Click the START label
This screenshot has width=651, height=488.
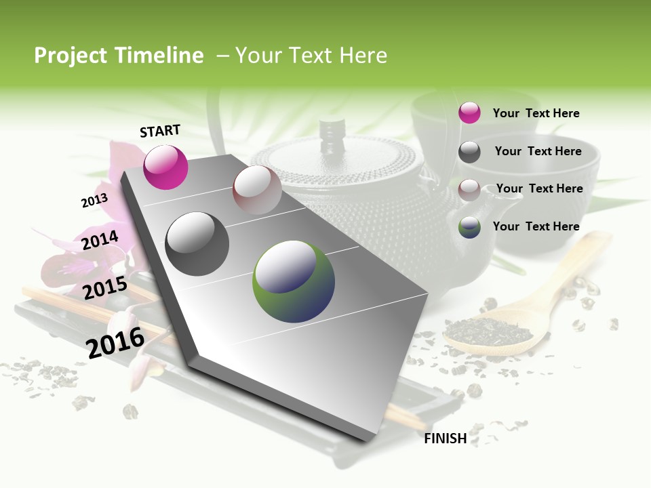[160, 131]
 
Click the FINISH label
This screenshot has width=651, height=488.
[445, 439]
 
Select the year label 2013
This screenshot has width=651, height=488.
[94, 201]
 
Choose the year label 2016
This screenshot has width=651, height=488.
[115, 342]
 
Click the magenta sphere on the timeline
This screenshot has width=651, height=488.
[165, 167]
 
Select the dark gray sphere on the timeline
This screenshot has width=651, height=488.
[197, 244]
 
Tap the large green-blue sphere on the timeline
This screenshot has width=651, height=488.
[294, 281]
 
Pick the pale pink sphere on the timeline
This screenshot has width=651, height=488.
[257, 190]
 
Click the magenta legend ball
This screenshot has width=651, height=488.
[469, 113]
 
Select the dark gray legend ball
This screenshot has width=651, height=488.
[469, 152]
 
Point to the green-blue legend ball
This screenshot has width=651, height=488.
[469, 227]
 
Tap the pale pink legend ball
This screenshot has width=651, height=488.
[469, 189]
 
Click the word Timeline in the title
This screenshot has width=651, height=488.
[159, 56]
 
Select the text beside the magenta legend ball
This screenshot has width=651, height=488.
[536, 113]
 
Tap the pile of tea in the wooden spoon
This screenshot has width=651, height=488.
[490, 331]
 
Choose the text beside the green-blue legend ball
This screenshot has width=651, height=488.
[536, 226]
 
